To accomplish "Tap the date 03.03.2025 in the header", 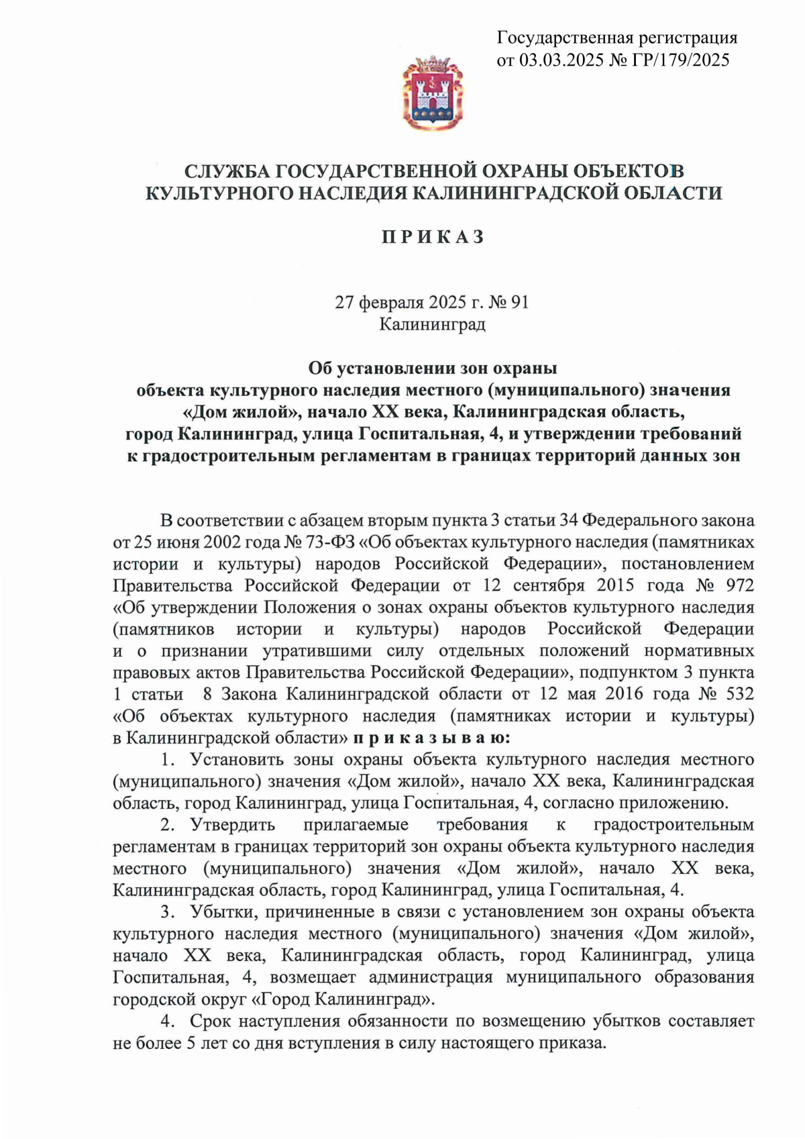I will pyautogui.click(x=561, y=60).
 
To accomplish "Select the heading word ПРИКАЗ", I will pyautogui.click(x=433, y=237).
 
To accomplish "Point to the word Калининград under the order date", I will pyautogui.click(x=432, y=324).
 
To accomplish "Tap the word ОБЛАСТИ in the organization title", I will pyautogui.click(x=673, y=193).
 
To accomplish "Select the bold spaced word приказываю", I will pyautogui.click(x=431, y=738).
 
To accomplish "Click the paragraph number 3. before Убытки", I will pyautogui.click(x=167, y=912).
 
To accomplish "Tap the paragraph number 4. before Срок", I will pyautogui.click(x=167, y=1022).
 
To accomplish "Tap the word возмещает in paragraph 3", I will pyautogui.click(x=313, y=978).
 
